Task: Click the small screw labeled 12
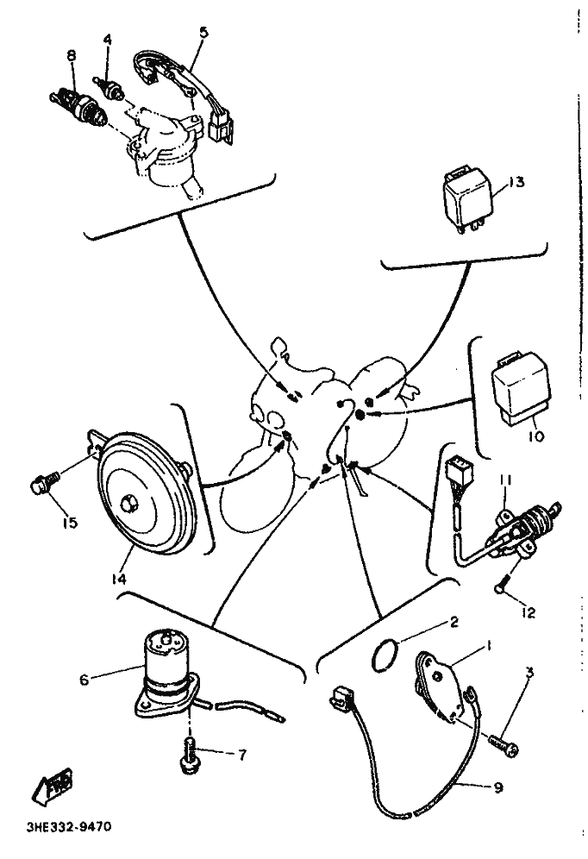tap(503, 587)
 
